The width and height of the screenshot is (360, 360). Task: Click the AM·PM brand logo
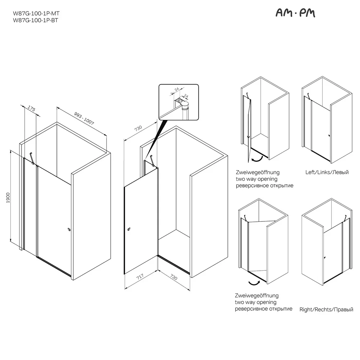coord(295,13)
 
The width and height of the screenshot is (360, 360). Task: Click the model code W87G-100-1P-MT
coord(36,14)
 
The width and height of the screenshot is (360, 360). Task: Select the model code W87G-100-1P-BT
coord(35,21)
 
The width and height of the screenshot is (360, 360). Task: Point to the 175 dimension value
coord(31,108)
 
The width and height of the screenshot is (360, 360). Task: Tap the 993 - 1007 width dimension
coord(84,118)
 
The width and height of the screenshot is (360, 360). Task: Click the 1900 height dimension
coord(8,198)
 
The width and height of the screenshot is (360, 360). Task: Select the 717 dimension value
coord(140,276)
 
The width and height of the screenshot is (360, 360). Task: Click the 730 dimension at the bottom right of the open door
coord(174,277)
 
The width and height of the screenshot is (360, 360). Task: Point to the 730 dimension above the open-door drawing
coord(138,128)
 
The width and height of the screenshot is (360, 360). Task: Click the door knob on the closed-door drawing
coord(69,229)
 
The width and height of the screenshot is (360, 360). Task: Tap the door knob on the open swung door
coord(129,229)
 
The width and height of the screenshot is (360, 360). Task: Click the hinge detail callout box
coord(179,102)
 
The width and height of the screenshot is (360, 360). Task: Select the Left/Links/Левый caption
coord(327,172)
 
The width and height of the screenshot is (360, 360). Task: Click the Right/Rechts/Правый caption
coord(326,310)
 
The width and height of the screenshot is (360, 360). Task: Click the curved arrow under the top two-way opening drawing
coord(257,159)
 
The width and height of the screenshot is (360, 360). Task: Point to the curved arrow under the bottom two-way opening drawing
coord(255,283)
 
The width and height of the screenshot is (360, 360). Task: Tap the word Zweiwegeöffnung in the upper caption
coord(258,172)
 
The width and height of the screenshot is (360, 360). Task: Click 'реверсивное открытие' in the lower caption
coord(264,309)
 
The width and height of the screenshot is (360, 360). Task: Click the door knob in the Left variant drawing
coord(329,135)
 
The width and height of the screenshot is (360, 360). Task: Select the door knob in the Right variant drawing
coord(325,257)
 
